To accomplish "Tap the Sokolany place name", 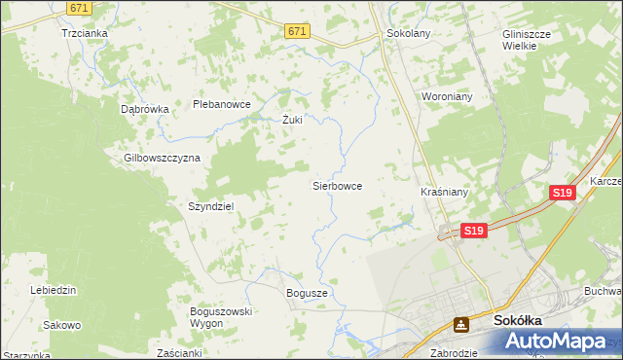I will coord(409,32).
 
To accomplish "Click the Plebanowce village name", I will coord(222,104).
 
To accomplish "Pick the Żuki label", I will coord(292,121).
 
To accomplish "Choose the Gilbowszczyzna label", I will coord(162,158).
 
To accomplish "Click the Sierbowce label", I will coord(337,185).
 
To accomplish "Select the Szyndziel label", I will coord(210,207).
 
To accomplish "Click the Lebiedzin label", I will coord(54,291).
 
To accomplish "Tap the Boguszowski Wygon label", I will coord(221,317).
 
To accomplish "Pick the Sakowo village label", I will coord(62,325).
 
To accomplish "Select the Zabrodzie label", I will coord(454,353).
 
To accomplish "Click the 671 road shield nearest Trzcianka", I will coord(81,7).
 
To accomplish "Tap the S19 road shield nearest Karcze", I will coord(562,194).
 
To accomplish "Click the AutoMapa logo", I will coord(559,342).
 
